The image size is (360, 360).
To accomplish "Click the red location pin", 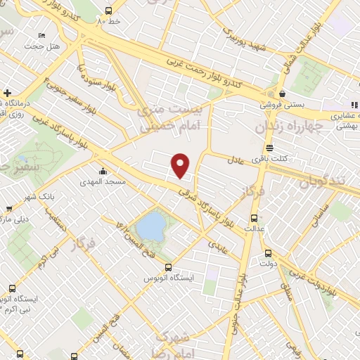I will pyautogui.click(x=181, y=165).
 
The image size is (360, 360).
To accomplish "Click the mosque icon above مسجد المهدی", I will pyautogui.click(x=103, y=171).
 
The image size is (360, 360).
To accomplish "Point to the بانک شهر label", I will pyautogui.click(x=24, y=196).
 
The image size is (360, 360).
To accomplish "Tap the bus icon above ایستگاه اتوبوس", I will pyautogui.click(x=167, y=267).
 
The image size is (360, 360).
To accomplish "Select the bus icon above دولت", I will pyautogui.click(x=267, y=254).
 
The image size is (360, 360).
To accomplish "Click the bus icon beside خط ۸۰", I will pyautogui.click(x=108, y=11).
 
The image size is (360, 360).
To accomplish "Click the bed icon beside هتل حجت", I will pyautogui.click(x=42, y=34).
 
